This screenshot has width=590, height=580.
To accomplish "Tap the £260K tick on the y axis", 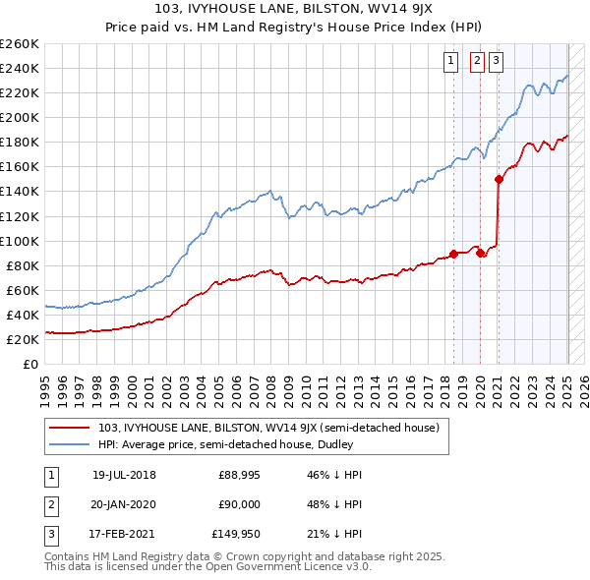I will click(x=19, y=44).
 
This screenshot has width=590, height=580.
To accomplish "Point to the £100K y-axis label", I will click(x=19, y=241).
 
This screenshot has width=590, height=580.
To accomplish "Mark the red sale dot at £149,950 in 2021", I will click(x=499, y=179).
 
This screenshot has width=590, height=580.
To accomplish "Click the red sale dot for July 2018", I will click(x=453, y=254).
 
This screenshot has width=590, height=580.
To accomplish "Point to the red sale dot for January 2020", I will click(x=480, y=253).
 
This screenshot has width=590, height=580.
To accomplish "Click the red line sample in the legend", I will click(x=71, y=428).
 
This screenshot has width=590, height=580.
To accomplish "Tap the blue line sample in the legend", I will click(x=71, y=443).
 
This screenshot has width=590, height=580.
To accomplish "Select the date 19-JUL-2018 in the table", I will click(x=124, y=475).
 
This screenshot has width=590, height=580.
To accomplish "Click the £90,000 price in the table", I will click(x=239, y=505).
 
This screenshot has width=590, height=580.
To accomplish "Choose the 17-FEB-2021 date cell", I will click(x=124, y=535).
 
